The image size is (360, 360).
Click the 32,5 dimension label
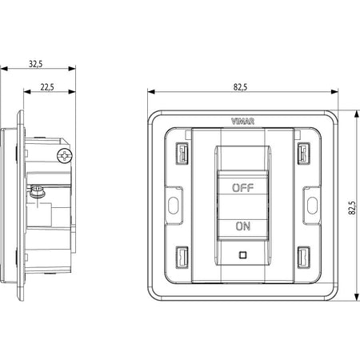pyautogui.click(x=36, y=64)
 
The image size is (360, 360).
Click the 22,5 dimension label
pyautogui.click(x=47, y=87)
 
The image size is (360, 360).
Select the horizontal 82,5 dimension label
pyautogui.click(x=240, y=87)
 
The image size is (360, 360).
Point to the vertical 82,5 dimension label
pyautogui.click(x=352, y=208)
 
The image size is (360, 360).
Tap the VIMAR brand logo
pyautogui.click(x=242, y=122)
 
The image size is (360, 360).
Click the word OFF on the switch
pyautogui.click(x=242, y=188)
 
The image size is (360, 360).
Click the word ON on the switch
pyautogui.click(x=243, y=226)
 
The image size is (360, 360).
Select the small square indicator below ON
pyautogui.click(x=242, y=255)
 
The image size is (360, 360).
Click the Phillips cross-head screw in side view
pyautogui.click(x=65, y=156)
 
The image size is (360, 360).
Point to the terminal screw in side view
pyautogui.click(x=37, y=191)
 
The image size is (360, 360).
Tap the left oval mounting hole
pyautogui.click(x=174, y=205)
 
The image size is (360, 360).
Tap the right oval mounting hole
pyautogui.click(x=312, y=205)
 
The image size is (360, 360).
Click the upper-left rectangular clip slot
pyautogui.click(x=182, y=154)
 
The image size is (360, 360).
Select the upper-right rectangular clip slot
pyautogui.click(x=304, y=154)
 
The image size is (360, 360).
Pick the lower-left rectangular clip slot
pyautogui.click(x=182, y=258)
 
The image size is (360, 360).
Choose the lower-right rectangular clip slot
pyautogui.click(x=304, y=258)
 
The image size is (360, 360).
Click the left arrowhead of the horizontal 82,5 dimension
pyautogui.click(x=151, y=92)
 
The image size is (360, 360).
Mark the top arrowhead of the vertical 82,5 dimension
pyautogui.click(x=357, y=114)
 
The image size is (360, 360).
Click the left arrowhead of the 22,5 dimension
pyautogui.click(x=27, y=92)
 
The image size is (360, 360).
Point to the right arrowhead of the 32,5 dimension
pyautogui.click(x=72, y=69)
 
